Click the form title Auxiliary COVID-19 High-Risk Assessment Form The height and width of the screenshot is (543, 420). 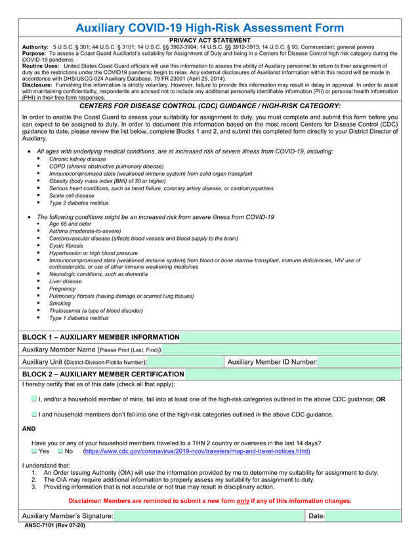pos(209,28)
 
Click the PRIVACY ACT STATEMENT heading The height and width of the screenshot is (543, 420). pos(210,41)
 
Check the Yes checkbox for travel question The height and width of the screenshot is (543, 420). pos(35,451)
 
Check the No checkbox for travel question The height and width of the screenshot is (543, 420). pos(60,451)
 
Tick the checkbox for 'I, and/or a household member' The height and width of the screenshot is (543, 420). pos(34,399)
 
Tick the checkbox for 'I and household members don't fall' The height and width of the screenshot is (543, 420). pos(34,414)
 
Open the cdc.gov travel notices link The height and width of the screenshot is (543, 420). pos(196,451)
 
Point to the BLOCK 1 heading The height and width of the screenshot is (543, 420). pos(100,337)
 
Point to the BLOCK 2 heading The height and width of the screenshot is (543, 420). pos(103,374)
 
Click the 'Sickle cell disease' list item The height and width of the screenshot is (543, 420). pos(72,195)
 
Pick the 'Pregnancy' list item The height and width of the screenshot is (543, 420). pos(62,289)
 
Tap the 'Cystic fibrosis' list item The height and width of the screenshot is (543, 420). pos(66,245)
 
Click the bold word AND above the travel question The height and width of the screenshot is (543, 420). pos(29,429)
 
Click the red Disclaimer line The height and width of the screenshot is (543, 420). pos(209,501)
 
